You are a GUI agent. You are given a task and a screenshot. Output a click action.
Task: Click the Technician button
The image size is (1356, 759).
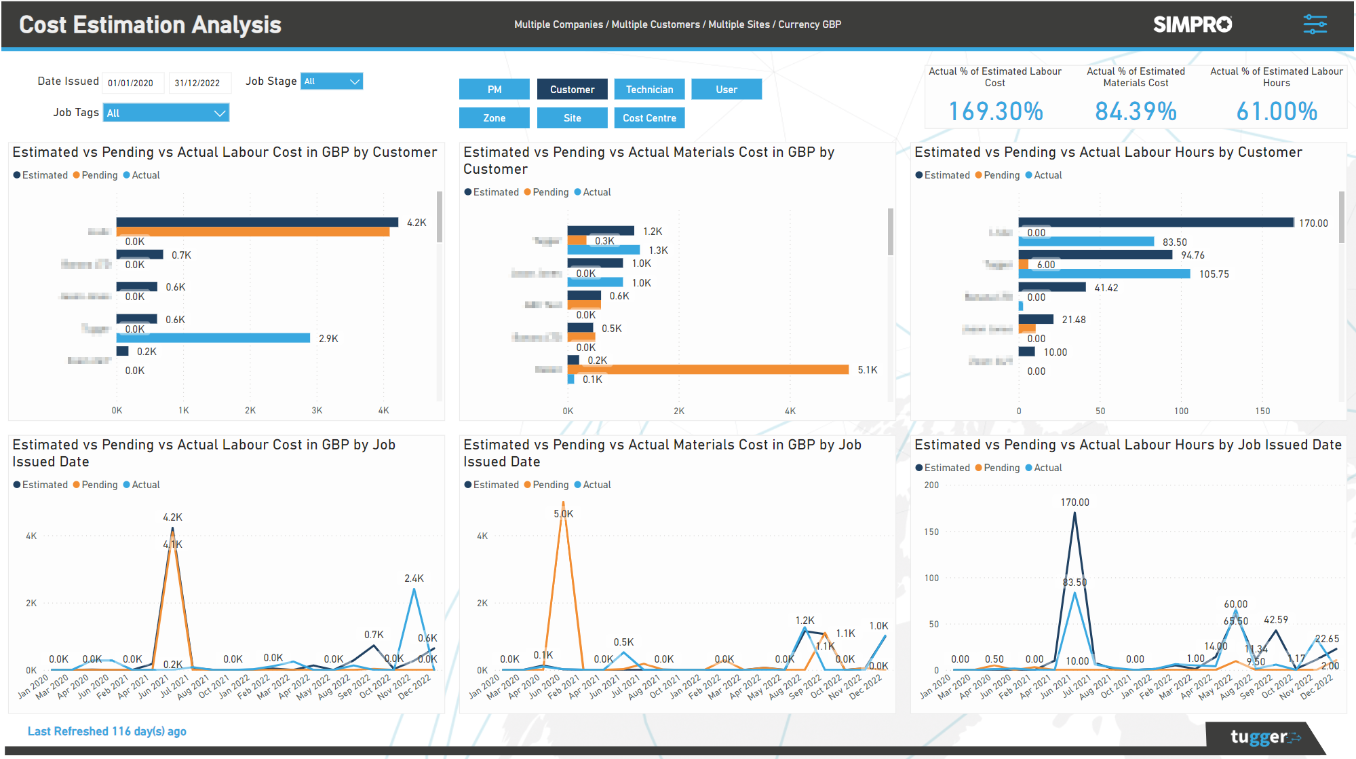point(649,90)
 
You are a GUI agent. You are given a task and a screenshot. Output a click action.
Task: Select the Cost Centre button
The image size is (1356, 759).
point(649,118)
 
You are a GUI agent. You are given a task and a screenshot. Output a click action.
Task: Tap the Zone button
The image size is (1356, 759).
point(494,118)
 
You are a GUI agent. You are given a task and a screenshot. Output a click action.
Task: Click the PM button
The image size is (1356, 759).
point(494,90)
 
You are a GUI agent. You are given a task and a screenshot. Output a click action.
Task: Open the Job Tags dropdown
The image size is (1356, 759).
point(166,113)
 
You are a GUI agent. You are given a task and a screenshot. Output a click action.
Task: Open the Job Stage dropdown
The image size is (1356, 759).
point(332,81)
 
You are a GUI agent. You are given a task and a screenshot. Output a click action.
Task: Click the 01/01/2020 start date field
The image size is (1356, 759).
point(132,83)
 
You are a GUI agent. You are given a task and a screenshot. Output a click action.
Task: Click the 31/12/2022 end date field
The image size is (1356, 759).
point(198,83)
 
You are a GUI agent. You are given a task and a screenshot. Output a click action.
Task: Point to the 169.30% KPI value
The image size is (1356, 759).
point(995,111)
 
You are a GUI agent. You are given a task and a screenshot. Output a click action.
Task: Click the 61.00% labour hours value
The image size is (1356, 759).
point(1276,111)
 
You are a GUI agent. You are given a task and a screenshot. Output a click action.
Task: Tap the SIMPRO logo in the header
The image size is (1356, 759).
point(1193,24)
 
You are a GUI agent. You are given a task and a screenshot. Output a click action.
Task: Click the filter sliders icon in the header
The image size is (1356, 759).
point(1315,24)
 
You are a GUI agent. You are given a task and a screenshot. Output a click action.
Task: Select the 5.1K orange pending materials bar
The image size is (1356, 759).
point(708,369)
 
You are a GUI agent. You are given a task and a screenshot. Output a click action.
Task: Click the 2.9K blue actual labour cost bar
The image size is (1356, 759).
point(213,338)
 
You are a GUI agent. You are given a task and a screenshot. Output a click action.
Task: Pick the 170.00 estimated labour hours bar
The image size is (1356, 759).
point(1155,223)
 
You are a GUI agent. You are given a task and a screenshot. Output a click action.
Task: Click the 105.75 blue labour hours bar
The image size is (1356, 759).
point(1104,274)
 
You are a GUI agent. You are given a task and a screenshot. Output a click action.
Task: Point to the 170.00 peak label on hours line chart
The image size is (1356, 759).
point(1074,502)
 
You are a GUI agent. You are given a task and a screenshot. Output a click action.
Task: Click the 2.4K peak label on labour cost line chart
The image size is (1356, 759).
point(414,578)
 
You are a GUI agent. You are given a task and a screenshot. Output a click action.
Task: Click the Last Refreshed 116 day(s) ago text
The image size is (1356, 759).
point(106,731)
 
